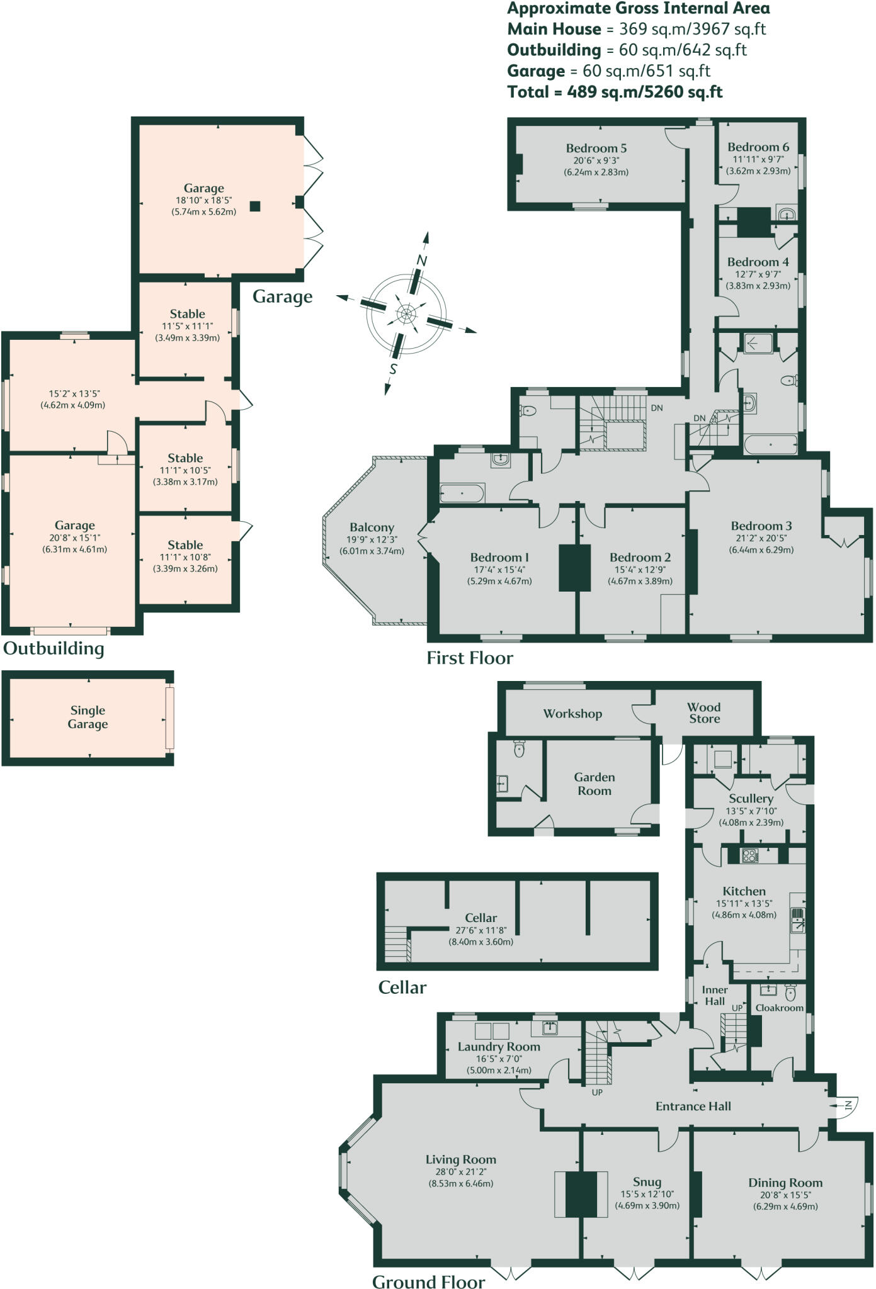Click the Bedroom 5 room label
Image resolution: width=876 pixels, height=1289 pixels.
click(x=596, y=149)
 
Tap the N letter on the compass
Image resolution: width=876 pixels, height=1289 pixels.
click(x=422, y=260)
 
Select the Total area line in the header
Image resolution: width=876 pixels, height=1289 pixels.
click(x=615, y=92)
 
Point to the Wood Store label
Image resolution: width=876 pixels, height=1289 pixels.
click(x=703, y=712)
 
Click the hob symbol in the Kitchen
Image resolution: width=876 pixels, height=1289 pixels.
click(x=749, y=855)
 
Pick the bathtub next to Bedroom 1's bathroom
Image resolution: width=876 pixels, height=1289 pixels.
click(x=462, y=493)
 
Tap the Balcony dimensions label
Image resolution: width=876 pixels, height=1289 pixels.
click(x=372, y=545)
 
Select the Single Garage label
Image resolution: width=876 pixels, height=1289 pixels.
click(x=88, y=717)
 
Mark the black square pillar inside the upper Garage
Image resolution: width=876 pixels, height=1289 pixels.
click(x=254, y=206)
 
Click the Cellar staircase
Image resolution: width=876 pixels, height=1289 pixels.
click(x=397, y=944)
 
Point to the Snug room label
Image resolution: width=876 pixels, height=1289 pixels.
click(x=647, y=1181)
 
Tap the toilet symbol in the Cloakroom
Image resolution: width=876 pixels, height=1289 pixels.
click(x=791, y=993)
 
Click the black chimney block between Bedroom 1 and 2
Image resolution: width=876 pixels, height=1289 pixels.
click(x=574, y=568)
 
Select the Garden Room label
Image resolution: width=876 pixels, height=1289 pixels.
click(x=594, y=784)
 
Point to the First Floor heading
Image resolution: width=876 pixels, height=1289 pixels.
click(x=470, y=658)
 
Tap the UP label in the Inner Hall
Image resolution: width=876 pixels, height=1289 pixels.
click(x=737, y=1008)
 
